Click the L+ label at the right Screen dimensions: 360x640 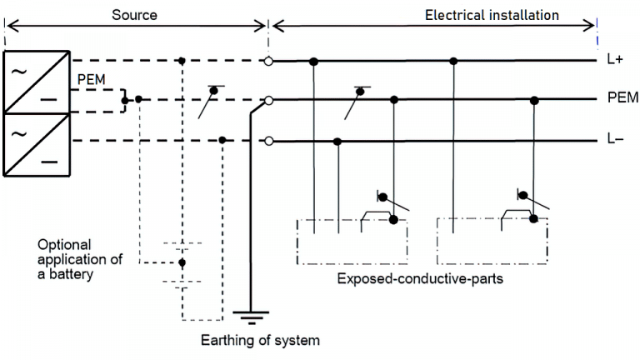click(615, 62)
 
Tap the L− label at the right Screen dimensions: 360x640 click(615, 141)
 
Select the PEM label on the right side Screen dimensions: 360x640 click(622, 98)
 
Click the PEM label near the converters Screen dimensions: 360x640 click(91, 79)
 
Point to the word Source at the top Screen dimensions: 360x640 click(133, 16)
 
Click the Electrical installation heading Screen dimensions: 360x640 click(492, 15)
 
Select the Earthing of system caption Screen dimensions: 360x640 click(260, 340)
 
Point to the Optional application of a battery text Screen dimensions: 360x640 click(79, 259)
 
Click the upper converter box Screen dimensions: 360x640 click(35, 81)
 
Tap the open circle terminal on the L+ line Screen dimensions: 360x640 click(268, 61)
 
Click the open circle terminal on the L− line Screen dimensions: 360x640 click(268, 141)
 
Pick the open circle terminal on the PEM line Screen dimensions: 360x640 click(268, 100)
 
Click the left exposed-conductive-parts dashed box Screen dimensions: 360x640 click(351, 242)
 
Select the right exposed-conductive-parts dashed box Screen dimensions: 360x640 click(492, 242)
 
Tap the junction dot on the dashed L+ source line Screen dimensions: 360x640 click(182, 61)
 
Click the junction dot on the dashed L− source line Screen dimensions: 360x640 click(222, 140)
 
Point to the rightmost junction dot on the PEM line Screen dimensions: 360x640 click(534, 100)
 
